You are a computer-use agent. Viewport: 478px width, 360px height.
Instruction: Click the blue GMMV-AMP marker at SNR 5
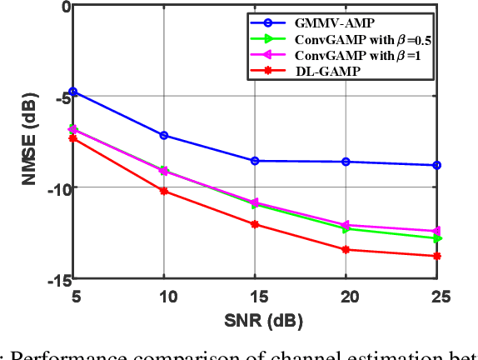tap(73, 92)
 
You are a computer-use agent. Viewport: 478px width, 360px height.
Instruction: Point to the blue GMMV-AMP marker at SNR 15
tap(255, 161)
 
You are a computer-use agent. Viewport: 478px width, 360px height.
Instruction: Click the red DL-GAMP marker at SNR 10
tap(164, 191)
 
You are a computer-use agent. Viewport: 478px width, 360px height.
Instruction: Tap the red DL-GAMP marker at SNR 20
tap(346, 249)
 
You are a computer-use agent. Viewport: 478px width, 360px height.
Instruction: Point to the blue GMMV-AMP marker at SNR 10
tap(164, 135)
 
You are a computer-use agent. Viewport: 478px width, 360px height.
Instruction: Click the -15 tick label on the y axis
tap(54, 281)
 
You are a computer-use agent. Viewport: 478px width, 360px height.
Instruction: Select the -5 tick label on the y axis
tap(57, 98)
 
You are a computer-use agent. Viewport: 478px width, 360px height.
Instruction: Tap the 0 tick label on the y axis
tap(63, 7)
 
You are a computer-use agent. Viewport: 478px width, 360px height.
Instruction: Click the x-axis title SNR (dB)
tap(254, 319)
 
